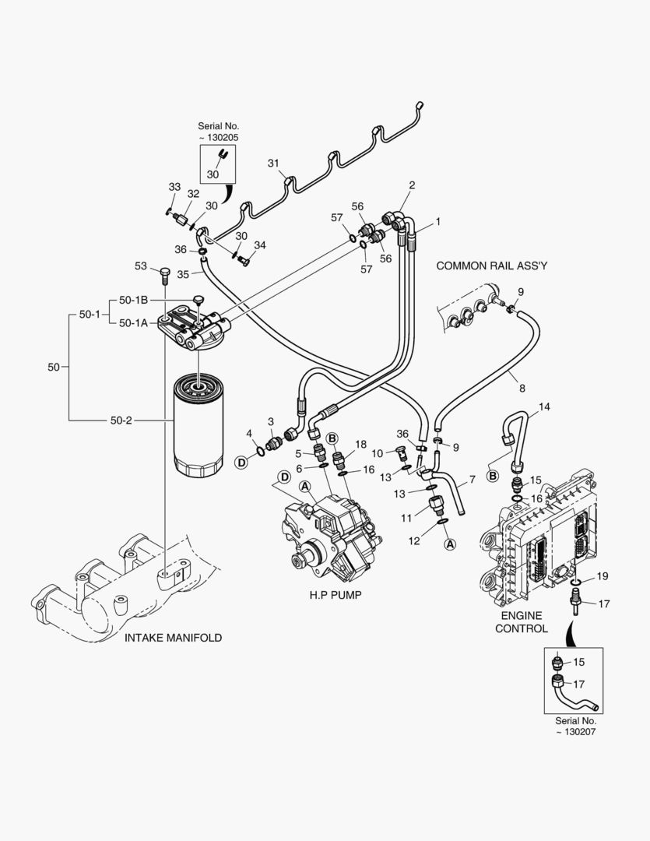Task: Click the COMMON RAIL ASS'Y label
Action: coord(491,266)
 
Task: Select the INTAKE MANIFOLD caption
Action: coord(173,638)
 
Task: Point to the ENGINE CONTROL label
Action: coord(522,621)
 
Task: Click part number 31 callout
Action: coord(273,163)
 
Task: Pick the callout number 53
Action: coord(140,267)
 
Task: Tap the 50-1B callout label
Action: coord(134,299)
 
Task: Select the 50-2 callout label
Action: coord(121,420)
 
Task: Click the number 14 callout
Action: coord(544,407)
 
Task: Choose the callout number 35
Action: coord(183,274)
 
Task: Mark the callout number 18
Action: coord(360,444)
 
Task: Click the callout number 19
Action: coord(602,576)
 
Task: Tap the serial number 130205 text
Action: coord(218,132)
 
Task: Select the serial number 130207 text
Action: coord(577,727)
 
